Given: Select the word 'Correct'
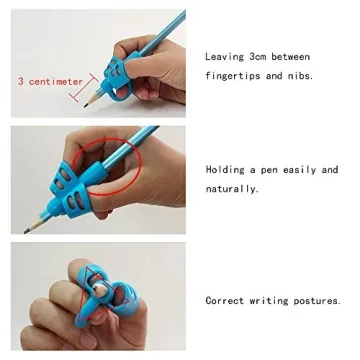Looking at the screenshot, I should [227, 300].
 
